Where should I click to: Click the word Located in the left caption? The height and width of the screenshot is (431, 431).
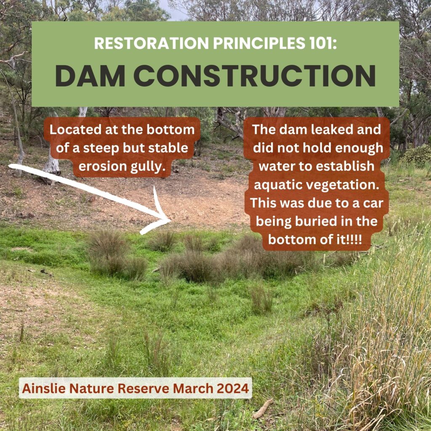pyautogui.click(x=75, y=130)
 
